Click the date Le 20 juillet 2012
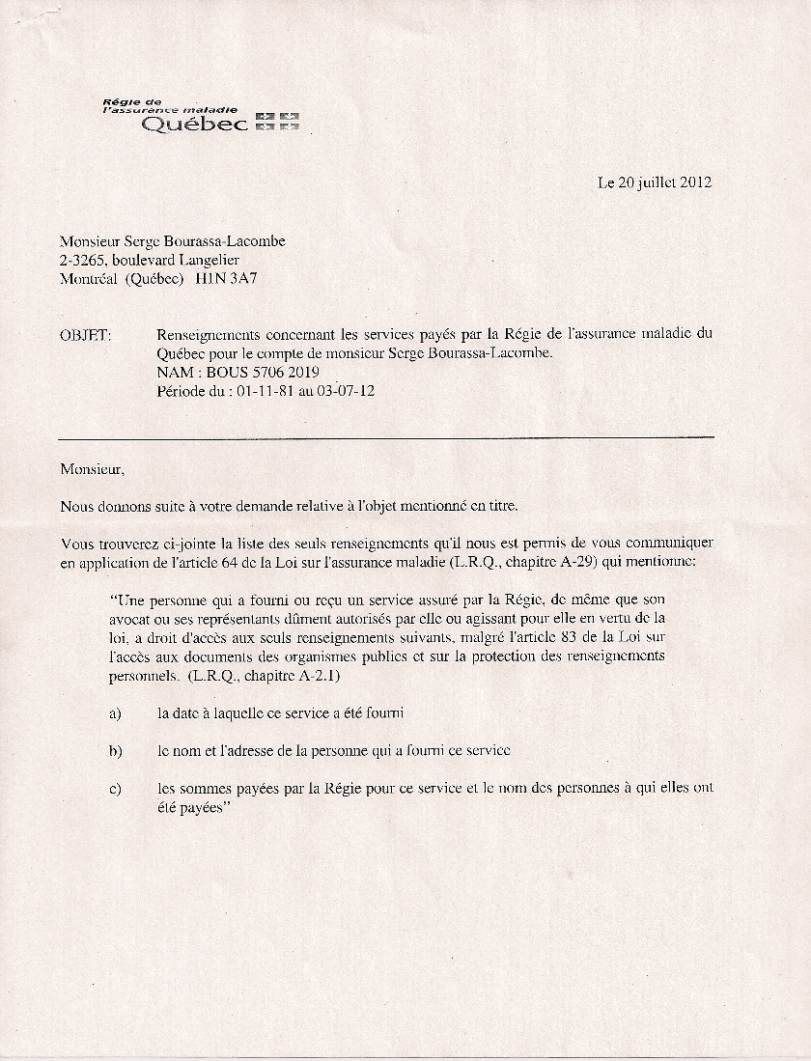pos(655,181)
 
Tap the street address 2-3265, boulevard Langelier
pos(150,260)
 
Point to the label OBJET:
pos(85,335)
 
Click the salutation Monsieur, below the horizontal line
pos(92,470)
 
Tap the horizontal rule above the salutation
pos(386,438)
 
